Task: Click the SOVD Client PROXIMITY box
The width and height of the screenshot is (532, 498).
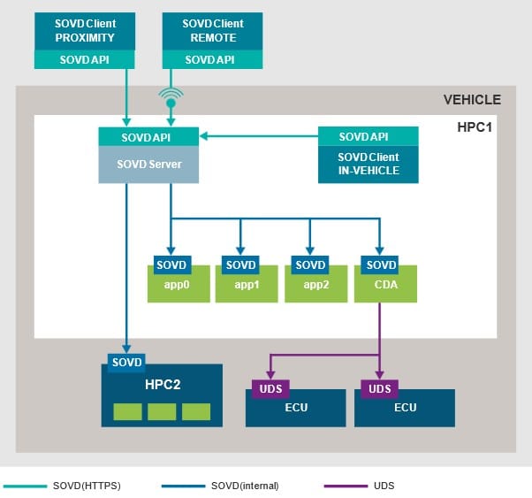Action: click(x=84, y=32)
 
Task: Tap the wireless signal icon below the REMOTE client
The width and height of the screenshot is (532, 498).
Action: click(x=171, y=96)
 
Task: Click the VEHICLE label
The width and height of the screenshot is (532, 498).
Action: click(x=471, y=100)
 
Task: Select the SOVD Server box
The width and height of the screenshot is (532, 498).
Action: click(x=147, y=165)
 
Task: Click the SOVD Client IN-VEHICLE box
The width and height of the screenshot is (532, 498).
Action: click(x=368, y=164)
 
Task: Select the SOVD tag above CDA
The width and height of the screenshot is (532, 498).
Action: click(x=380, y=265)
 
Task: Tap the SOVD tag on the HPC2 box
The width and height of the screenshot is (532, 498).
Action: click(x=125, y=363)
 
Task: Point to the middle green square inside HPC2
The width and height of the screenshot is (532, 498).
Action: click(x=162, y=411)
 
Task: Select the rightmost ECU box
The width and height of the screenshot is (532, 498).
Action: click(x=405, y=408)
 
